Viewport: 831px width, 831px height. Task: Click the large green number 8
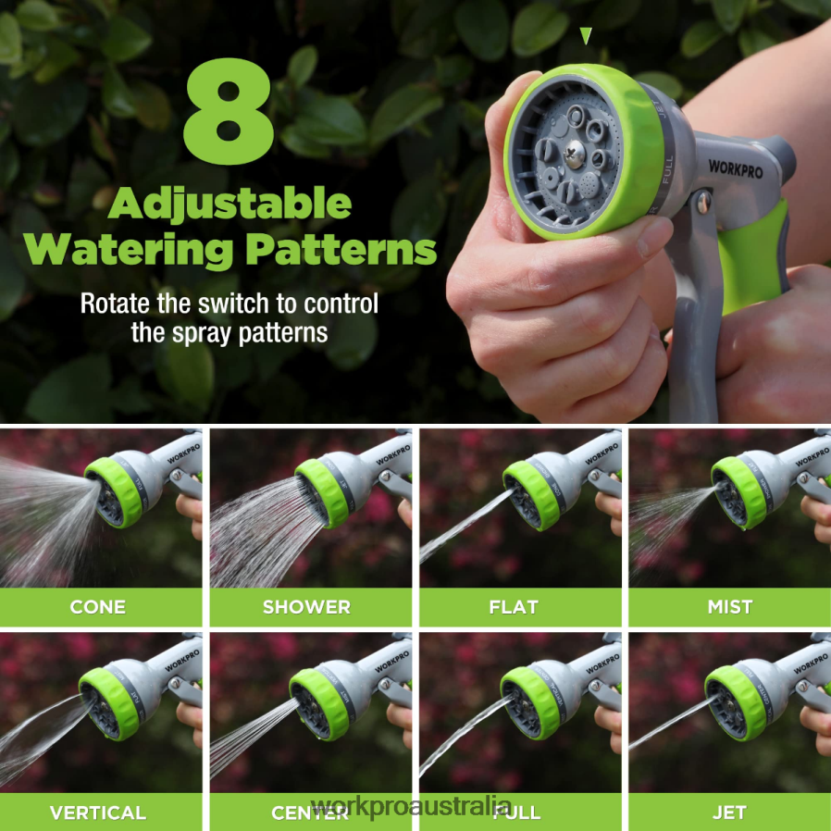click(229, 113)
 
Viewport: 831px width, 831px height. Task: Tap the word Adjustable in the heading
click(229, 204)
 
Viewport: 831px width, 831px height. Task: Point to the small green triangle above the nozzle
click(585, 36)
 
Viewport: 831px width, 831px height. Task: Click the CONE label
click(98, 608)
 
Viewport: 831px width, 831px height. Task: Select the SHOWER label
click(306, 608)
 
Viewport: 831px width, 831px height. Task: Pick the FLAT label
click(514, 608)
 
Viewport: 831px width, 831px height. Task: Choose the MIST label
click(730, 608)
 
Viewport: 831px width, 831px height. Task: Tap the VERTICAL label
click(98, 813)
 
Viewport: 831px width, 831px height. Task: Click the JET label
click(730, 813)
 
